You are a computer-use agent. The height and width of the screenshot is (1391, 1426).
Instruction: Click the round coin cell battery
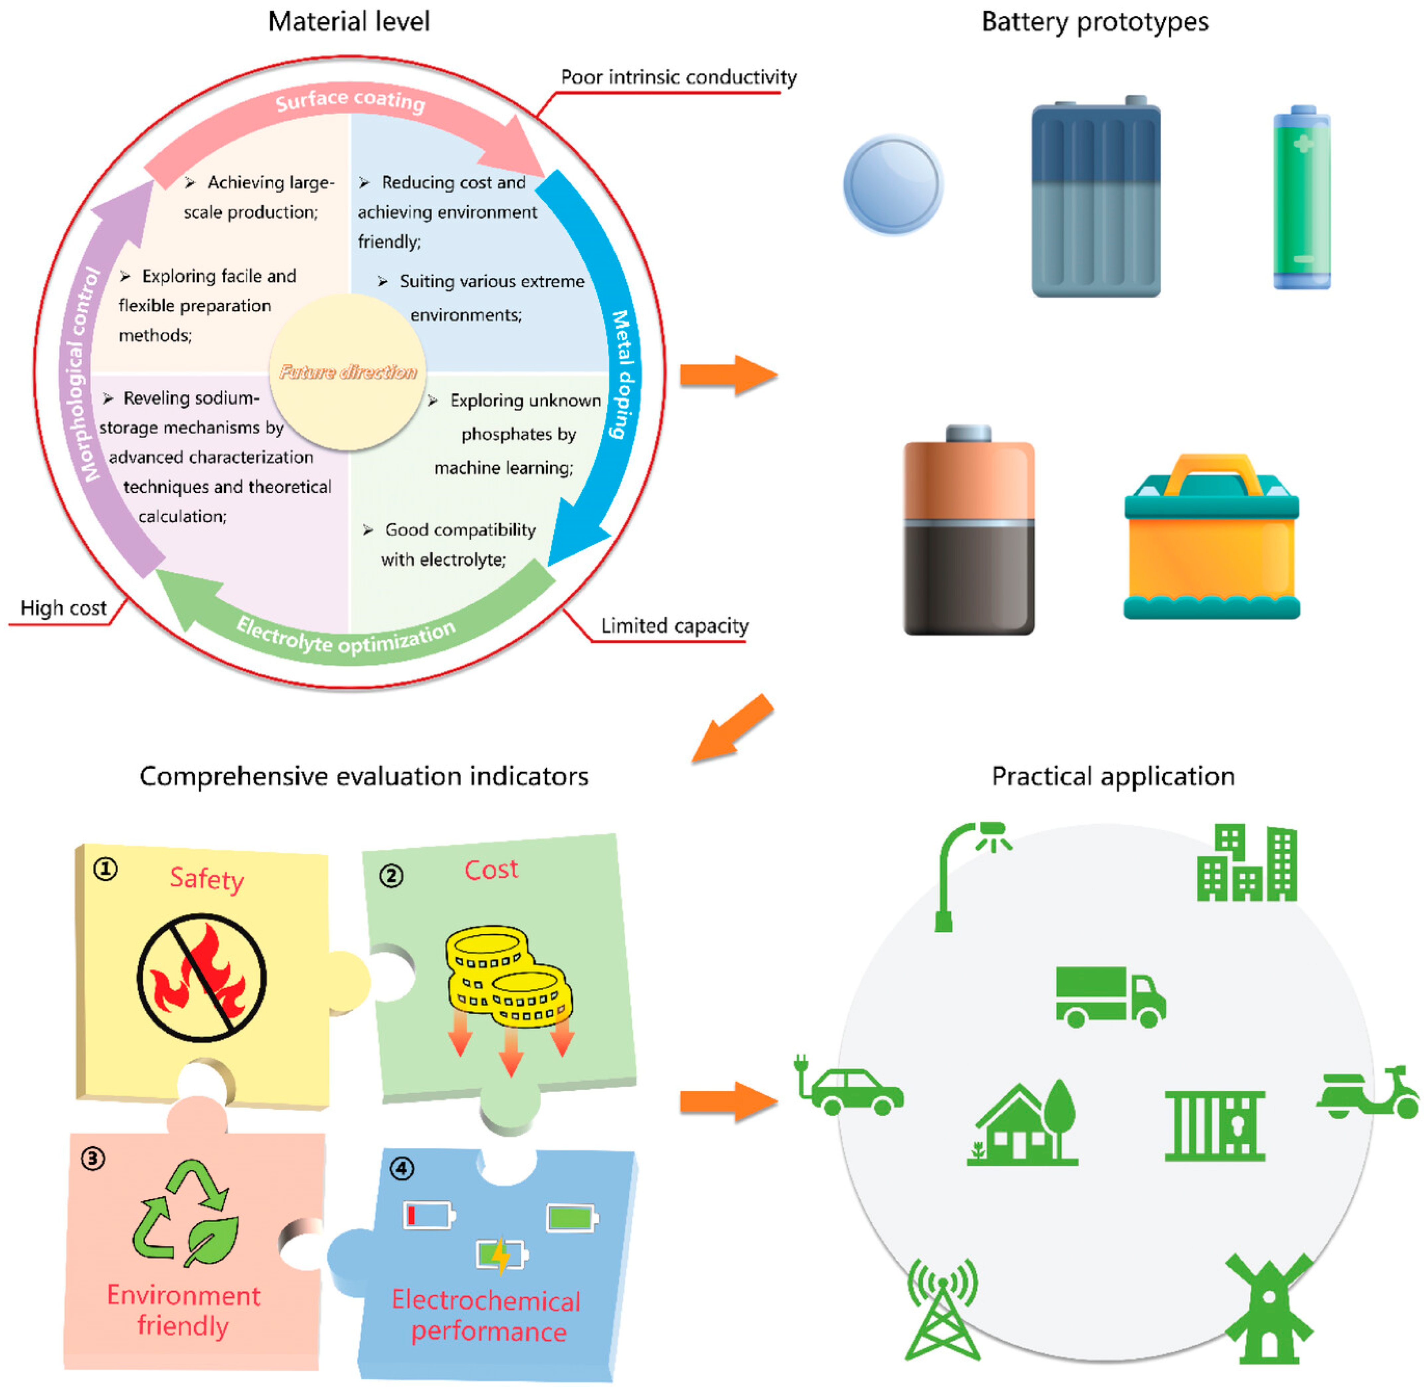(x=892, y=184)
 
